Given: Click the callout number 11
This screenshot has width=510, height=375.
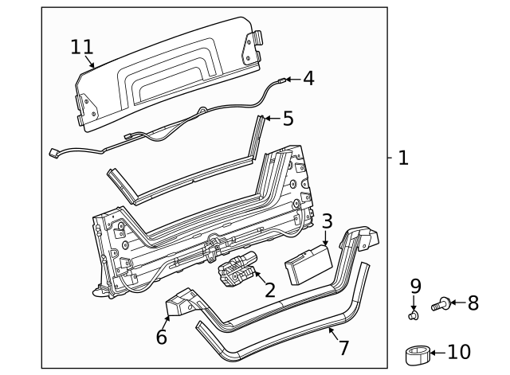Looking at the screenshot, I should pos(82,47).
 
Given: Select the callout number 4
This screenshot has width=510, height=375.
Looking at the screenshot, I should pos(308,79).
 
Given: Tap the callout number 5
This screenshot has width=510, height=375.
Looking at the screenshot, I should pos(288,119).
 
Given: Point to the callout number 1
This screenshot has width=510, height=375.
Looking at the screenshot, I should pos(402,158).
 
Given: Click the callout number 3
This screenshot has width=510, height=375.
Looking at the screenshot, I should pos(327,221).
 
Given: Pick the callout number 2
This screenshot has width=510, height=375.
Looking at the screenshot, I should pos(269,289).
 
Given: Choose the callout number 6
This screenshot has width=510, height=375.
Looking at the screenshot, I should pos(162,337).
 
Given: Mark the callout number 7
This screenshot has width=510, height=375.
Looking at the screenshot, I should pos(344,347).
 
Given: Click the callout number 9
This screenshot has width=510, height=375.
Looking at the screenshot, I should pos(415,286).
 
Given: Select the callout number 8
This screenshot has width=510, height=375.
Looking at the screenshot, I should pos(473,303).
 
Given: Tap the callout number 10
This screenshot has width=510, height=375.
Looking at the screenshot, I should pos(460,352).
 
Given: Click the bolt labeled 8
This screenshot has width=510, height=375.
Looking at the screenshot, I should pos(441,303).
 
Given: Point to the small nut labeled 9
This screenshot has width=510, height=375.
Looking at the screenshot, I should pos(414,315).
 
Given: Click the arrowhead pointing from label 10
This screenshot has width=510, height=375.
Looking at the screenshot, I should pos(433,352).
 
